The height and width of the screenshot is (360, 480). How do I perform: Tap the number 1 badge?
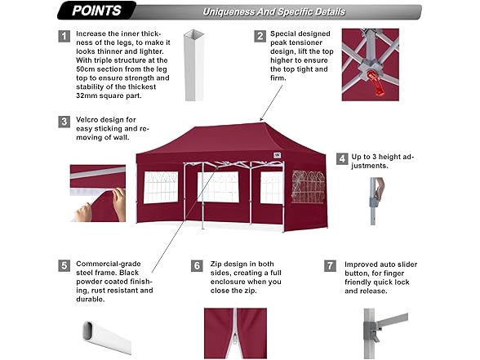coord(64,37)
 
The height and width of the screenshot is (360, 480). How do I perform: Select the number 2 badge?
coord(260,37)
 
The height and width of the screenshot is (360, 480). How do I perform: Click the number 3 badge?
coord(64,121)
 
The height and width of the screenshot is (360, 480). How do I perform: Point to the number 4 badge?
coord(342,158)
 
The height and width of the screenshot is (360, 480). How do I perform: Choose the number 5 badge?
coord(64,265)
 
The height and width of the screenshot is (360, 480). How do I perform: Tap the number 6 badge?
coord(197,265)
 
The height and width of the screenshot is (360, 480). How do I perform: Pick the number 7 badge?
coord(330,265)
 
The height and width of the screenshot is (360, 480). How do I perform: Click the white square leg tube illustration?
coord(194,65)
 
